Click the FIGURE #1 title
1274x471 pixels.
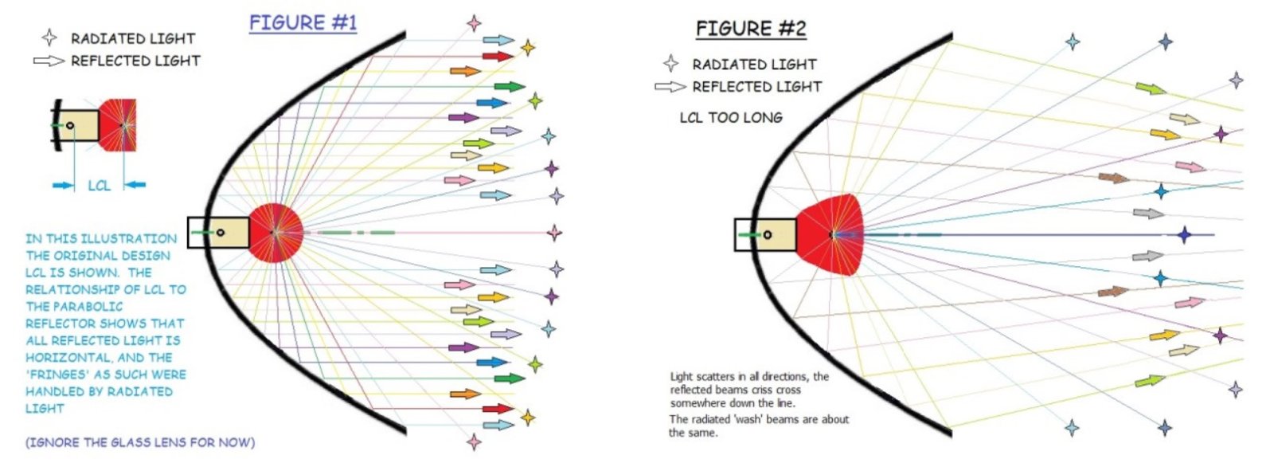click(x=303, y=22)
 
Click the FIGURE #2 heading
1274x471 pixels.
click(x=750, y=29)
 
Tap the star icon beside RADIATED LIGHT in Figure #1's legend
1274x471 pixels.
click(x=49, y=37)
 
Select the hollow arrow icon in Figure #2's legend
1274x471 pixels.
click(x=670, y=86)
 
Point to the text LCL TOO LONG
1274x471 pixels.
click(x=730, y=117)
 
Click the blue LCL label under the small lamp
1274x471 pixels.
click(x=99, y=185)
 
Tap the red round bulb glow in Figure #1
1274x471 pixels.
click(x=275, y=232)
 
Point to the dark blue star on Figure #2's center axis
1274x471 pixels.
click(x=1184, y=235)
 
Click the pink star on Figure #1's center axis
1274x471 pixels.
click(x=554, y=233)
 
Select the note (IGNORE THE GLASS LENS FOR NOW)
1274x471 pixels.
click(x=140, y=442)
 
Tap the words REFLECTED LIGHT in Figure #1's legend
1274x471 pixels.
click(x=135, y=61)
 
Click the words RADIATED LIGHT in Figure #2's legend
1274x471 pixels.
click(x=754, y=64)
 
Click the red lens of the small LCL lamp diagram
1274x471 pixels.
click(x=119, y=125)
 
